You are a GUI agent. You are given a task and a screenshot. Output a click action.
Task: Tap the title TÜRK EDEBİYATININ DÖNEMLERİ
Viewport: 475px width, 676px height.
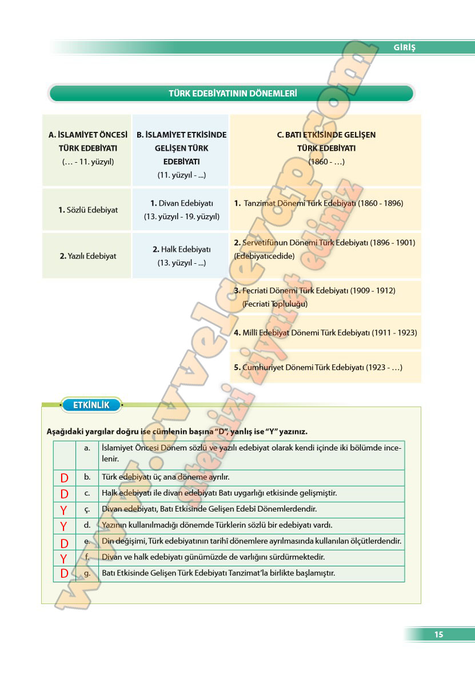point(232,93)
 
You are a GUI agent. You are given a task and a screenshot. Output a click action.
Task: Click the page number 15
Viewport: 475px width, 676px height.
point(438,634)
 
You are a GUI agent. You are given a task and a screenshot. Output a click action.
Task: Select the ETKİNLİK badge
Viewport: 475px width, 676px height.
point(91,405)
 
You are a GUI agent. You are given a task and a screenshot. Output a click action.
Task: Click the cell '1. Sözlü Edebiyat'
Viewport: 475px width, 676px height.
point(87,210)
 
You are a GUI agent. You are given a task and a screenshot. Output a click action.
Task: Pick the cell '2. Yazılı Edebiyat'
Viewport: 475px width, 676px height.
point(87,256)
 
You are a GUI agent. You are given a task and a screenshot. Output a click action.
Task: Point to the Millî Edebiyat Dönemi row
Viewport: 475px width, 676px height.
point(325,332)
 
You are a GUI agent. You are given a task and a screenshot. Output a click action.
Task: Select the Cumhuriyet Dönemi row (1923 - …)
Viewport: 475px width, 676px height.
point(318,368)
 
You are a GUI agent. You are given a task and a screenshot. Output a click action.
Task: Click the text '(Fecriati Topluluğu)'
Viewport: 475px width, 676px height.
point(275,304)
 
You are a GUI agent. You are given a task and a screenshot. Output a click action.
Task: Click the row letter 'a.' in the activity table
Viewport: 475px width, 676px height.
point(87,448)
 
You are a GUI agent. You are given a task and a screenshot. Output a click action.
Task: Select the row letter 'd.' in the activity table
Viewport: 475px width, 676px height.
point(87,525)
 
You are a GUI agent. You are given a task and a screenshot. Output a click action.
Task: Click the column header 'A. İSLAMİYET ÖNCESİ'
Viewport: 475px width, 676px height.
point(87,135)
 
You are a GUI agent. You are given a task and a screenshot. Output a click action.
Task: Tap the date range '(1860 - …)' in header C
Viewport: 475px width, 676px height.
point(326,162)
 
